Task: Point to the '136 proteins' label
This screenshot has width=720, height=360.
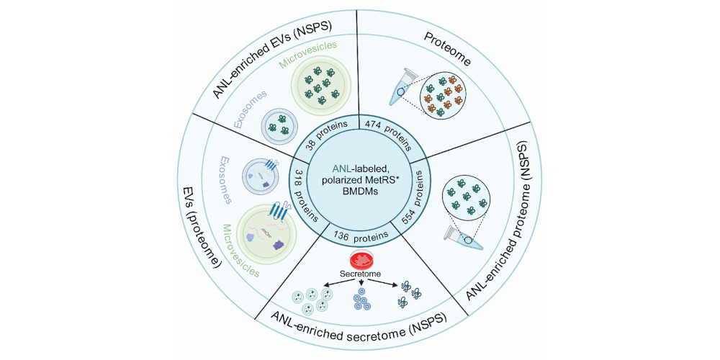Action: click(x=360, y=234)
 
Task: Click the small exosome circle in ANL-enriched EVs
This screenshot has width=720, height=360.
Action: click(x=277, y=125)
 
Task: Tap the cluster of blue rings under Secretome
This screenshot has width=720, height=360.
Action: click(x=360, y=301)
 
